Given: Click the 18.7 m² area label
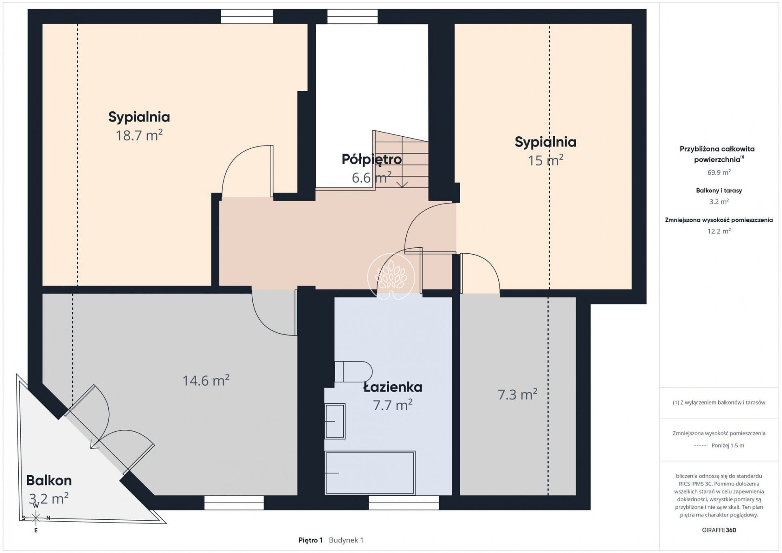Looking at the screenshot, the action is click(139, 135).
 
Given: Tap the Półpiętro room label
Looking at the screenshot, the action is click(372, 159).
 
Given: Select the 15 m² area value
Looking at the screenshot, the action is click(545, 160).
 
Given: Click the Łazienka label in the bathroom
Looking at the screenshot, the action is click(393, 387).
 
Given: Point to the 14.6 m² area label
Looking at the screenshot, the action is click(206, 380).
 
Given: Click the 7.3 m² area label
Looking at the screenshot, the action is click(517, 394).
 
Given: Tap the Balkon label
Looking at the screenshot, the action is click(49, 480).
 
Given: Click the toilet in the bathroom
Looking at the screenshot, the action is click(353, 371).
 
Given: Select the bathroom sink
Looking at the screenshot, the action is click(335, 421).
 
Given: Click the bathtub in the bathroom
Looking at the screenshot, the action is click(370, 473).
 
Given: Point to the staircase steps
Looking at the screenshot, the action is click(401, 159).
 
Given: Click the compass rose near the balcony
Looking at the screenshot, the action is click(36, 518).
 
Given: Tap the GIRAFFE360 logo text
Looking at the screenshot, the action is click(719, 530).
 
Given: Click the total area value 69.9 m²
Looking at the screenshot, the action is click(719, 172).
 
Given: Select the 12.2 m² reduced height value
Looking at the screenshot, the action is click(719, 231).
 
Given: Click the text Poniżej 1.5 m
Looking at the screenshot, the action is click(728, 445).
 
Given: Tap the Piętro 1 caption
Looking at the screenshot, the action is click(310, 540).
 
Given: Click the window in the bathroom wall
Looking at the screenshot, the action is click(404, 503).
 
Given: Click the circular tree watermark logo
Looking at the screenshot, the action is click(391, 276).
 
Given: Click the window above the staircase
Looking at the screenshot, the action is click(353, 17).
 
